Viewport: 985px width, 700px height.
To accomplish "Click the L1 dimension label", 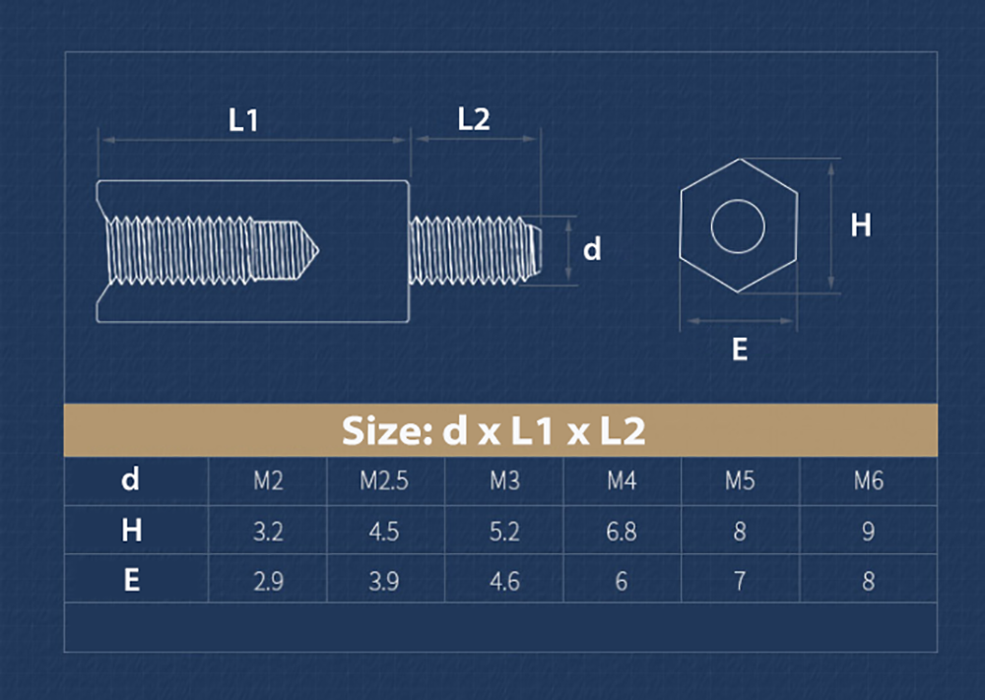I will pos(243,121).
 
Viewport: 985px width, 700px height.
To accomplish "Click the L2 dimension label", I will pos(474,119).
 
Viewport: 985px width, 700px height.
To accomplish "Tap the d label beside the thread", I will pos(591,250).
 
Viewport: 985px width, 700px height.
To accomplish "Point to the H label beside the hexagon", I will pos(861,225).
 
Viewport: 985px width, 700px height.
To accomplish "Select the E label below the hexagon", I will pos(740,349).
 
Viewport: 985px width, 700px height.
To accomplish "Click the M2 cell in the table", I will pos(268,481).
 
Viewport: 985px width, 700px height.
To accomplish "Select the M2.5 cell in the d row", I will pos(383,481).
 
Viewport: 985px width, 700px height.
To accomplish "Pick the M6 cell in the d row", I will pos(868,481).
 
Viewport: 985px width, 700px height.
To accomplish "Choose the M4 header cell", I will pos(621,481).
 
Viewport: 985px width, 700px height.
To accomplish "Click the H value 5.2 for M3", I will pos(504,532).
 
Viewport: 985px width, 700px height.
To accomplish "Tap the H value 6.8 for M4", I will pos(621,532).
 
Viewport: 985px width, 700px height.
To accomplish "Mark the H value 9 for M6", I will pos(868,532).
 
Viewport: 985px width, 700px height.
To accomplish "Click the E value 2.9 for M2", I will pos(268,581).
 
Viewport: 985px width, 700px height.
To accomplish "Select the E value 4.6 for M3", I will pos(504,581).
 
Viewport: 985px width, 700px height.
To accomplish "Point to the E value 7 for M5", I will pos(739,581).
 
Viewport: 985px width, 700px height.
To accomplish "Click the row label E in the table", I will pos(131,580).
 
